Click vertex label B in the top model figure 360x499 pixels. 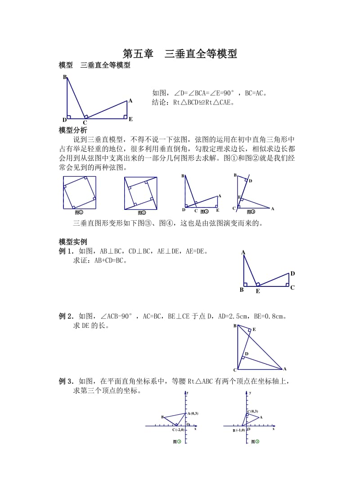(x=65, y=77)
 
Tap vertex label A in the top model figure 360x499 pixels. (x=130, y=101)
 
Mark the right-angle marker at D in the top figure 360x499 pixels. (x=69, y=117)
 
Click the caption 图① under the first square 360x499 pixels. (x=79, y=212)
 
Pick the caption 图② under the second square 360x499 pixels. (x=141, y=212)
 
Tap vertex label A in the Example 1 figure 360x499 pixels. (x=243, y=253)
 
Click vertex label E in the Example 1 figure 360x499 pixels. (x=258, y=291)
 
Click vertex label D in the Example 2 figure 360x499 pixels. (x=247, y=354)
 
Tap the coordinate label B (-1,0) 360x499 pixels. (x=238, y=431)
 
